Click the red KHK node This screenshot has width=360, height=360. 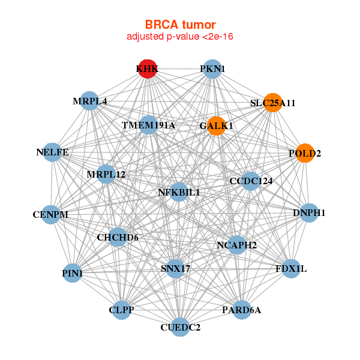tap(147, 69)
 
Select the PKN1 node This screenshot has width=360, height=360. tap(212, 69)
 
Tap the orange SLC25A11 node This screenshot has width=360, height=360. tap(273, 103)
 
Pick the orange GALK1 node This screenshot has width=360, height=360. tap(216, 125)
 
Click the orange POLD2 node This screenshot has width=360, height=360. tap(305, 153)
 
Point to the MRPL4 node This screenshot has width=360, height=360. tap(90, 101)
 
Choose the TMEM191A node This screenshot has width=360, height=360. tap(148, 125)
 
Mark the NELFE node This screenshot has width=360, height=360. tap(52, 152)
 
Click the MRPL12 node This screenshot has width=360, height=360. tap(106, 175)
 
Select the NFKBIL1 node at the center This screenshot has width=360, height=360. tap(179, 193)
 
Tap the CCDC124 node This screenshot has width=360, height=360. tap(251, 181)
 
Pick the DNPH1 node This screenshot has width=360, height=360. tap(309, 212)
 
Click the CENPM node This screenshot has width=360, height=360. tap(50, 214)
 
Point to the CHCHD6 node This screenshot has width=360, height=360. tap(118, 238)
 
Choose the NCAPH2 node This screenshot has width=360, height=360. tap(236, 245)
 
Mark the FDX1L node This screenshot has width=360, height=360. tap(291, 268)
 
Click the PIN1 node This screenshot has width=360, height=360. tap(73, 274)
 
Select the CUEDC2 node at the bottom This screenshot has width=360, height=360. tap(180, 327)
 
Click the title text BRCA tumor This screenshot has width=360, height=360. tap(180, 25)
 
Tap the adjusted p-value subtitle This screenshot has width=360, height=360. tap(180, 37)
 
